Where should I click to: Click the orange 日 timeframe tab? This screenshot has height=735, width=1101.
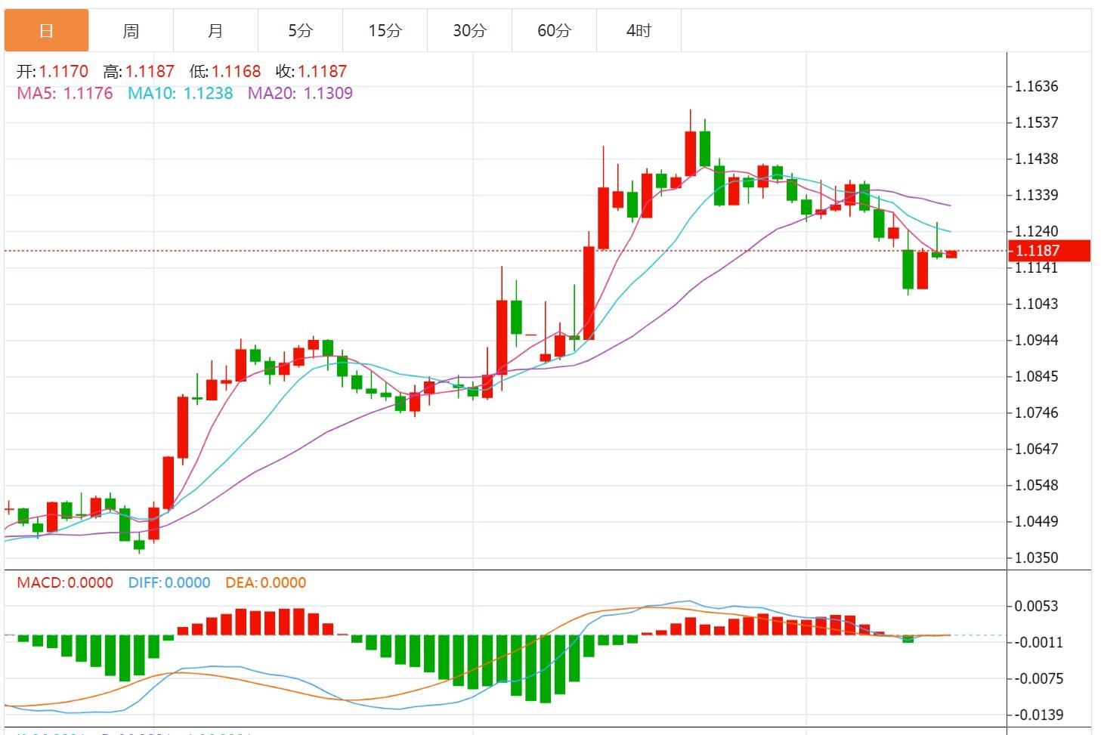click(46, 30)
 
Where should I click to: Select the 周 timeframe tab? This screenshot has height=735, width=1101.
click(131, 30)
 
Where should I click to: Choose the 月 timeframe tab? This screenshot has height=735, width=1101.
click(215, 30)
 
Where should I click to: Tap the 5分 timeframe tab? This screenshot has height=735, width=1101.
click(300, 30)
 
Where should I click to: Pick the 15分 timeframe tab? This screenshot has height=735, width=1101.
click(385, 30)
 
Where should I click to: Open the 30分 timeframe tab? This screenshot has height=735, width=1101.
click(469, 30)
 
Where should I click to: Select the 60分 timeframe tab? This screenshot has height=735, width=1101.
click(554, 30)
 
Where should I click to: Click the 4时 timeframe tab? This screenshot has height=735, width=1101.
click(639, 30)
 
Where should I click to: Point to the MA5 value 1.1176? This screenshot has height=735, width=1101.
click(88, 94)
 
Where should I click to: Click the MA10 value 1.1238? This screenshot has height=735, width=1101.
click(208, 94)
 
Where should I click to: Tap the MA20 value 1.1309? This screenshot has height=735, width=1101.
click(328, 94)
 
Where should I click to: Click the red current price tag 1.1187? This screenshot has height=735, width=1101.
click(1048, 251)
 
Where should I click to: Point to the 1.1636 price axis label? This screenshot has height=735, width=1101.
click(1036, 86)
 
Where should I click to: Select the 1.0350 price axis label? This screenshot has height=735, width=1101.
click(1036, 558)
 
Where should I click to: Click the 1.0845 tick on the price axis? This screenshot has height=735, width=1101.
click(1036, 376)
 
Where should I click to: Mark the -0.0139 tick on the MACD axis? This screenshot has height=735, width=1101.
click(1038, 715)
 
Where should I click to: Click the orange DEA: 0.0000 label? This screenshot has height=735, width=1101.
click(266, 583)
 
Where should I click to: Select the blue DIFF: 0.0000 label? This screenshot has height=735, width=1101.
click(169, 583)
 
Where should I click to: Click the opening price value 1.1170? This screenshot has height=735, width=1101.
click(63, 72)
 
